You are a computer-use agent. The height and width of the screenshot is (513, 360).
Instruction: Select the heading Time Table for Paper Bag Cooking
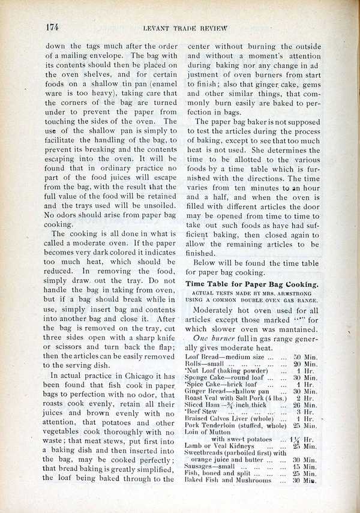(253, 283)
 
